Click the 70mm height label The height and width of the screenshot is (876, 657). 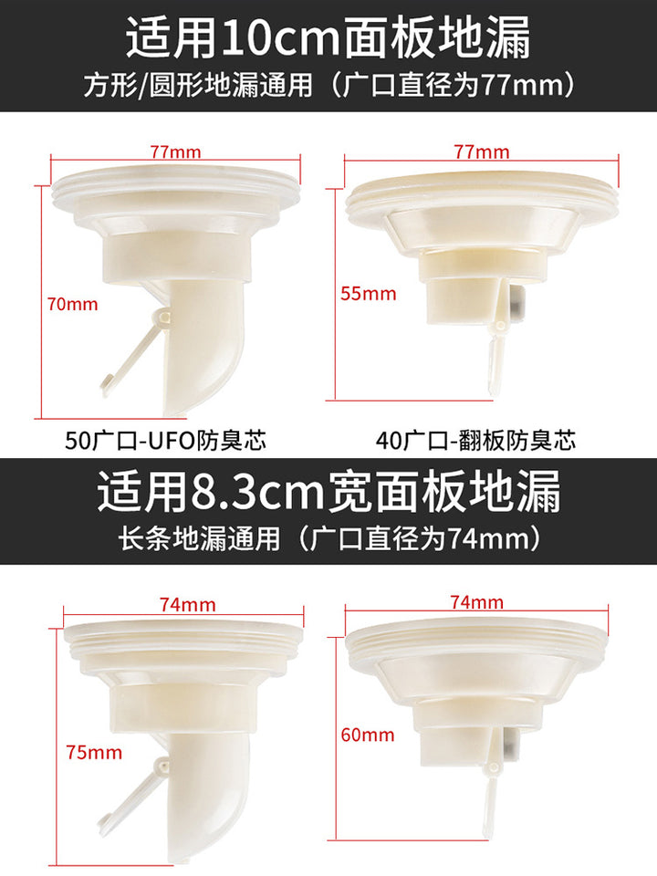click(x=73, y=305)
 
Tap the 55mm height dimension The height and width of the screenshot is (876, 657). click(x=368, y=293)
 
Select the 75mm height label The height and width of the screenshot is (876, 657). click(x=94, y=753)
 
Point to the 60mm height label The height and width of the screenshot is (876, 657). click(x=368, y=735)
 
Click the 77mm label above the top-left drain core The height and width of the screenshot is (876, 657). click(x=175, y=151)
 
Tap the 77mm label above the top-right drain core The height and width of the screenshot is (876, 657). click(x=482, y=151)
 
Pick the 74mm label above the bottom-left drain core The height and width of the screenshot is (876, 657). click(x=188, y=604)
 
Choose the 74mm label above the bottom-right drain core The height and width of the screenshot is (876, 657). click(x=476, y=601)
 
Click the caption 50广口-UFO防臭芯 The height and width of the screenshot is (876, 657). click(x=166, y=441)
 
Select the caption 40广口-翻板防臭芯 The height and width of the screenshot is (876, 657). click(x=475, y=441)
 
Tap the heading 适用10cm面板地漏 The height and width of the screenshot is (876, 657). click(x=328, y=37)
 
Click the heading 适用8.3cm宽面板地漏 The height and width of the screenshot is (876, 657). click(x=328, y=491)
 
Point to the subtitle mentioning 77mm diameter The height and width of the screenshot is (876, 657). click(x=329, y=86)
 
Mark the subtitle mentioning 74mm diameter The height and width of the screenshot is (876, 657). click(x=328, y=539)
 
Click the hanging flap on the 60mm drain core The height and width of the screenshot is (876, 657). click(x=492, y=794)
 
